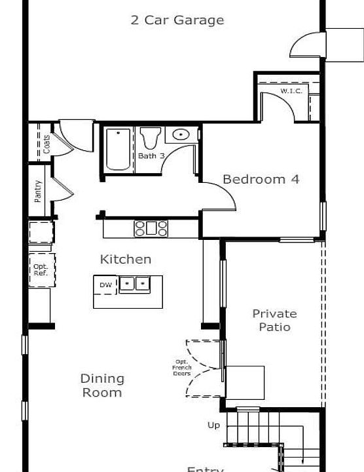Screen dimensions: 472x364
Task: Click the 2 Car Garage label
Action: pos(177,20)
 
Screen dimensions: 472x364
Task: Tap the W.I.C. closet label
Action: pos(291,90)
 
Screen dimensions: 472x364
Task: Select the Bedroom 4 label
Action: pos(261,179)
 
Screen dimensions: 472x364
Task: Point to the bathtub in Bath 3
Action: pos(118,149)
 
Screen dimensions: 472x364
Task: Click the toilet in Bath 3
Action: pos(150,138)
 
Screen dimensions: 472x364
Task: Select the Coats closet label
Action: pos(46,144)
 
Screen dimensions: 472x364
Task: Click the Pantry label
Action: pos(38,191)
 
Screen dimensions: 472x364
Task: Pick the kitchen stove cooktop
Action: pos(151,228)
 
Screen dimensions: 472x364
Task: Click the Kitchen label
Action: pos(125,260)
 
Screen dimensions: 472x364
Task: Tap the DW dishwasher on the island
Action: pos(105,285)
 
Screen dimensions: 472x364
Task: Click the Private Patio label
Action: pos(274,321)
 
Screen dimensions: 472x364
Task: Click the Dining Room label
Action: pos(102,385)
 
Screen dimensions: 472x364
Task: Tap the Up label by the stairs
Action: pos(213,425)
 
